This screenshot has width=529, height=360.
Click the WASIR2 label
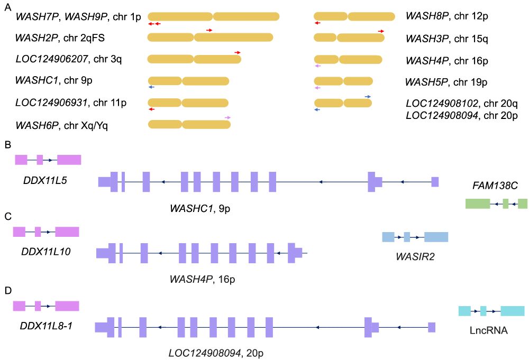tap(415, 256)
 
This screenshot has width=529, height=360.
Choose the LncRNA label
tap(489, 330)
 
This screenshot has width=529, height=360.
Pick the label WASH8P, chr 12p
tap(446, 16)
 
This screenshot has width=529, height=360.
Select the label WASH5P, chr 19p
tap(446, 82)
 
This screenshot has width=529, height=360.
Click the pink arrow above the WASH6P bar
tap(228, 117)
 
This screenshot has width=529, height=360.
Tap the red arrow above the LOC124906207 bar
tap(238, 52)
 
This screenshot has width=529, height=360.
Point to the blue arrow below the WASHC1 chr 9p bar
tap(151, 87)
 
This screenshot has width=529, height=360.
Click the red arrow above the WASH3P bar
tap(381, 31)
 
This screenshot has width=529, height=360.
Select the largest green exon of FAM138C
tap(477, 204)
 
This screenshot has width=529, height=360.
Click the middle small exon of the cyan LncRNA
tap(483, 311)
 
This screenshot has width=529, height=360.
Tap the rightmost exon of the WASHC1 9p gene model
tap(435, 182)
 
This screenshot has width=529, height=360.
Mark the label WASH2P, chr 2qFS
tap(68, 38)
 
